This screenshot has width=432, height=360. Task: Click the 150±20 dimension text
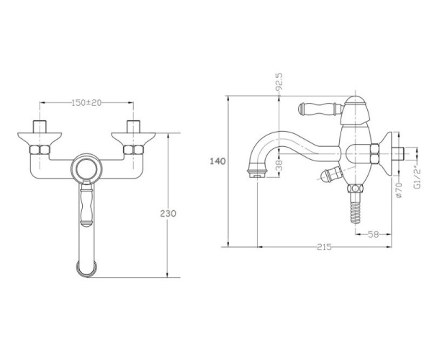(x=86, y=103)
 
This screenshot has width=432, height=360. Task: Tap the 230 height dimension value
(x=168, y=213)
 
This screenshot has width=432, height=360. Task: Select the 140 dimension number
(x=217, y=161)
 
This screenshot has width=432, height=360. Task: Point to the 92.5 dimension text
(x=279, y=82)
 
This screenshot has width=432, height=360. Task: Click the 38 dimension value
(x=279, y=166)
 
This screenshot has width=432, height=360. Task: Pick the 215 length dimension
(x=324, y=247)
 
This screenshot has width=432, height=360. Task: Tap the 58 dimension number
(x=374, y=235)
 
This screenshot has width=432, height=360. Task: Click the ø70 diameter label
(x=399, y=190)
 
